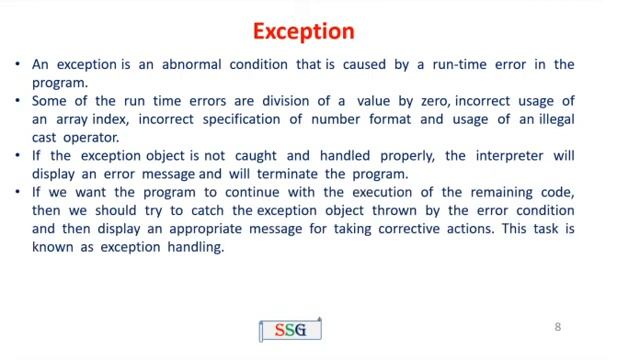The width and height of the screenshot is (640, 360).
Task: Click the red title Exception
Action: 303,31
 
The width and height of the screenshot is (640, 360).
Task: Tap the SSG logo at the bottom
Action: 290,329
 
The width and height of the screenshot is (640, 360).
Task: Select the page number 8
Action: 558,327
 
